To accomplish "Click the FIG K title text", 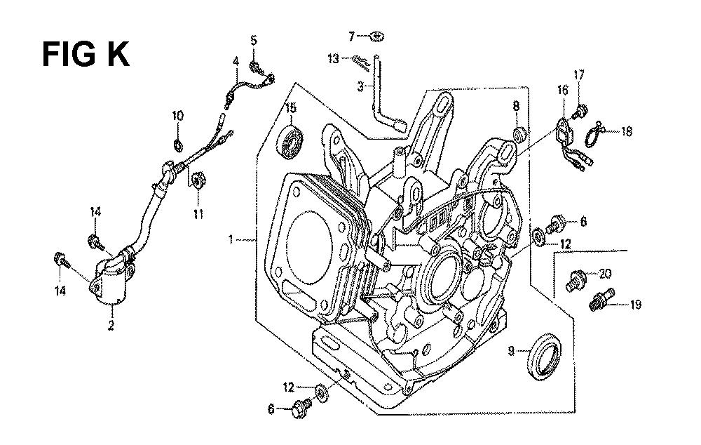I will pos(86,54).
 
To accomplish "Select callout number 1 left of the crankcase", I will pos(231,241).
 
